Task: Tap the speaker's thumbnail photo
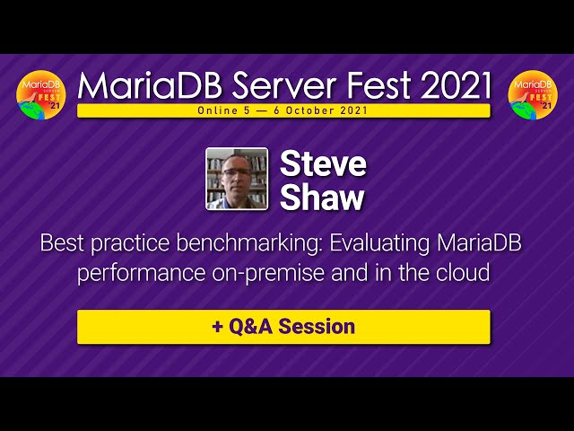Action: [x=237, y=179]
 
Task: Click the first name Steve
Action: [x=323, y=163]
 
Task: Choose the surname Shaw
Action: [x=322, y=198]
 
